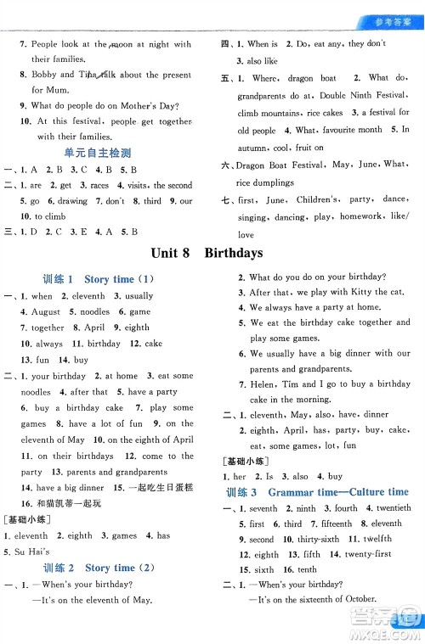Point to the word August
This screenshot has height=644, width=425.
coord(45,312)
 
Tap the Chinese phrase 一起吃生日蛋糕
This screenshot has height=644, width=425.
coord(165,488)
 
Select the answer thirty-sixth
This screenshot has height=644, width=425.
coord(318,540)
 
